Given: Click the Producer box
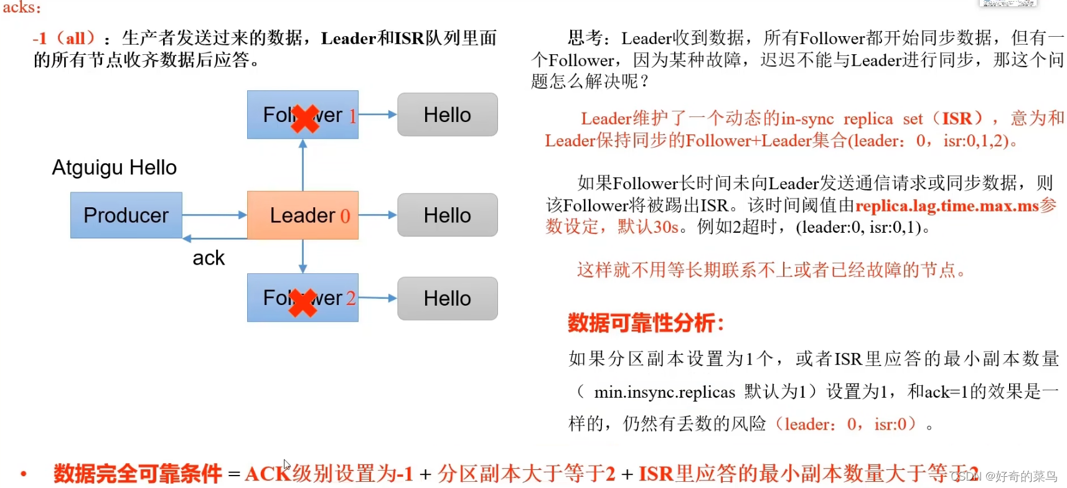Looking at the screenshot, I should (x=126, y=215).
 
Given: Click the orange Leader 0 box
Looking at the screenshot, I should (x=303, y=215).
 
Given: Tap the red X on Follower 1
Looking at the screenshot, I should (x=304, y=118).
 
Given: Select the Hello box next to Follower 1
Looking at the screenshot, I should (x=447, y=115).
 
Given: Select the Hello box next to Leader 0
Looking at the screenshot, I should (x=447, y=215).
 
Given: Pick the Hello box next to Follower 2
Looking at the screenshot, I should (x=447, y=298).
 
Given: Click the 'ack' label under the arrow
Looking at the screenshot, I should (x=209, y=258).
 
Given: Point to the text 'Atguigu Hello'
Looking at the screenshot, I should (x=114, y=167).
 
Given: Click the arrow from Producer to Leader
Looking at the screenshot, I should (x=214, y=215).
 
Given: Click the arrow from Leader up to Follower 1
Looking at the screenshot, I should (x=303, y=165).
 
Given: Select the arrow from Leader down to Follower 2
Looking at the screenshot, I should (x=303, y=256).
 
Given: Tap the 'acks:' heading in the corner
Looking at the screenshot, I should (x=22, y=7).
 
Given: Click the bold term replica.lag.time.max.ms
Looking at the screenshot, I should (x=946, y=206).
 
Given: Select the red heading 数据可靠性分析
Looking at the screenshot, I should (x=646, y=323).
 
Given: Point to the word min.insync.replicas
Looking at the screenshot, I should (x=664, y=392).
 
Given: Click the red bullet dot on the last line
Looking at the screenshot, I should (x=24, y=474).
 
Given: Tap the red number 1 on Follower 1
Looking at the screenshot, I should (x=352, y=116).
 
